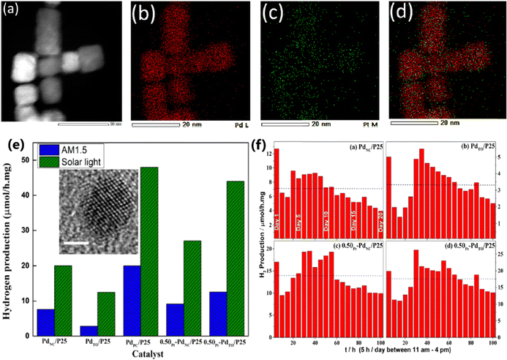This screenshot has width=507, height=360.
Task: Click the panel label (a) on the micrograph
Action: pos(13,12)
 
